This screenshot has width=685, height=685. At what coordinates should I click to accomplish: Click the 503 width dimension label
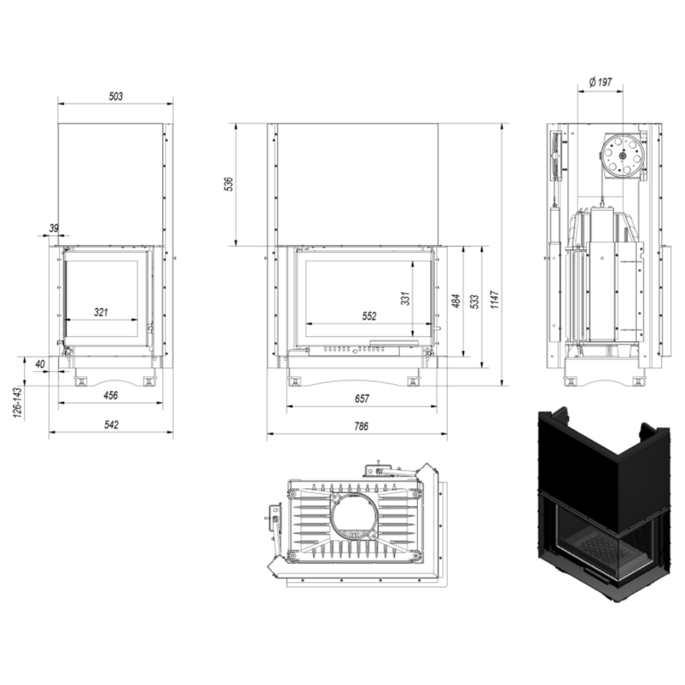coord(115,96)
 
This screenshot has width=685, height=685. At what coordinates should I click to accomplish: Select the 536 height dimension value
coord(229,184)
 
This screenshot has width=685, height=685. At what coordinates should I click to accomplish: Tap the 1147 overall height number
coord(495,300)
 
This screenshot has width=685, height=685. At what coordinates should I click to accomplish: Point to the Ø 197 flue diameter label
coord(600,82)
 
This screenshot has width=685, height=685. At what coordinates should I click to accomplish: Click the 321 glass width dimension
coord(101,312)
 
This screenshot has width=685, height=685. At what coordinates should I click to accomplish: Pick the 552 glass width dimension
coord(369,316)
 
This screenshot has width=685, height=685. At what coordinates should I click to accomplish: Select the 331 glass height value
coord(405,298)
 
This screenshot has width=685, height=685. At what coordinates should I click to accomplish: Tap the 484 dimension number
coord(456,301)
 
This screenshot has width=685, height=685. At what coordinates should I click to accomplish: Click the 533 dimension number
coord(475,301)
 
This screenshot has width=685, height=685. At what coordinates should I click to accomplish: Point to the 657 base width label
coord(362,398)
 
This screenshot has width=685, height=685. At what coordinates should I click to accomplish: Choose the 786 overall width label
coord(361,426)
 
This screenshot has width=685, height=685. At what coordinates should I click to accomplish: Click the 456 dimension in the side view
coord(111,395)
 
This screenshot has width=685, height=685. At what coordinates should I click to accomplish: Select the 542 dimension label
coord(111,425)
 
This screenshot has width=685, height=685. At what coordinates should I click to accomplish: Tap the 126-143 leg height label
coord(17,403)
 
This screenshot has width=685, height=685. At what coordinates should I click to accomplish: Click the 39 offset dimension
coord(54,228)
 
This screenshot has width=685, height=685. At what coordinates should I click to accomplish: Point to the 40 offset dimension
coord(40,364)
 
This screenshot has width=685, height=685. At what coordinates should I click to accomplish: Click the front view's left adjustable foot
coord(295,381)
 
